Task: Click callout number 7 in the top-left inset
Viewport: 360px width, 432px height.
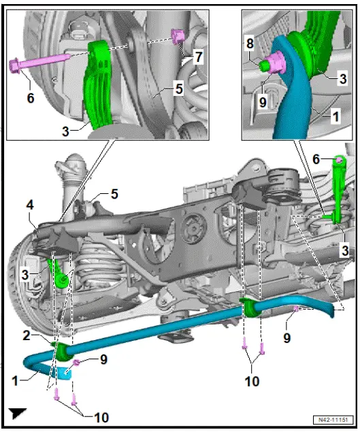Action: [x=197, y=57]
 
